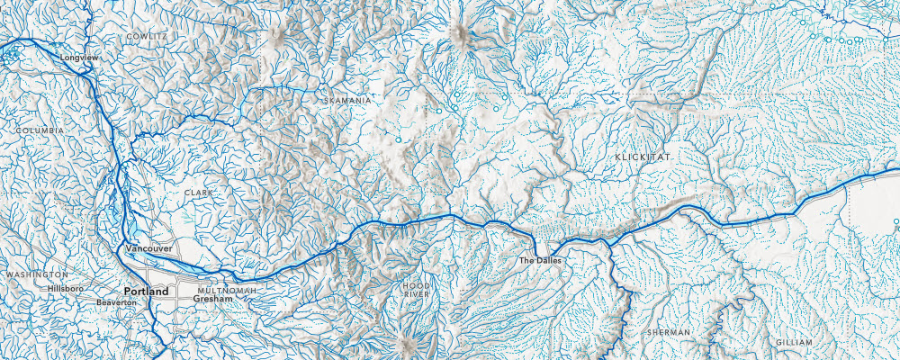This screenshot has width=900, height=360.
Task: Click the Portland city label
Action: click(x=147, y=292)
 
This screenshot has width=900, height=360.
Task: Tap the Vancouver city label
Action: click(x=148, y=247)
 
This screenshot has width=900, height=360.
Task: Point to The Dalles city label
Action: click(x=540, y=261)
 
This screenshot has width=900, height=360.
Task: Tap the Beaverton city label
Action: click(x=116, y=303)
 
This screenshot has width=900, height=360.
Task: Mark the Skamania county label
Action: click(x=347, y=101)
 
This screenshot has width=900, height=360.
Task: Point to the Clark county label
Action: click(x=198, y=193)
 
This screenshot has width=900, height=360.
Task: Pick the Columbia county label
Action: click(x=40, y=130)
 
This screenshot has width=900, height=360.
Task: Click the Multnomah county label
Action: click(x=227, y=292)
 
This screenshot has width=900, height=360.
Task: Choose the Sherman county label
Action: click(x=669, y=332)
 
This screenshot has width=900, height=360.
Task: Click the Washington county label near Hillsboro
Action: click(x=36, y=274)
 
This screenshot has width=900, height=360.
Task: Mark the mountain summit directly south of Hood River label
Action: click(x=402, y=343)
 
